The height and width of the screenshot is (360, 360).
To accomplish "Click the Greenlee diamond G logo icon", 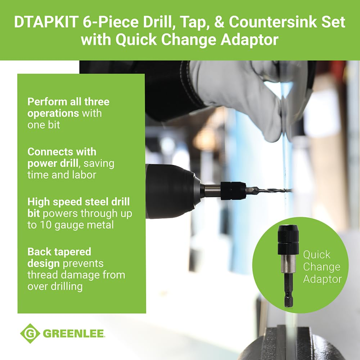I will coord(30,333).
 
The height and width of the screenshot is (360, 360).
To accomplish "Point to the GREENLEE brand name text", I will coord(74,334).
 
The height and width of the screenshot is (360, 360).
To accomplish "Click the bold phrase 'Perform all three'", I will coord(68,102).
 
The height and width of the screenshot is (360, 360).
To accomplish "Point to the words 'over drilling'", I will coord(55,286).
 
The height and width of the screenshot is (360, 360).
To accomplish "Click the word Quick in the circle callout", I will coord(316,255).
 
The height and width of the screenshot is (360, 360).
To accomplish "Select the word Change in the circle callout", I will coord(321,267).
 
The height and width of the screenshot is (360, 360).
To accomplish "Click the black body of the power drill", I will coord(169,191).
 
